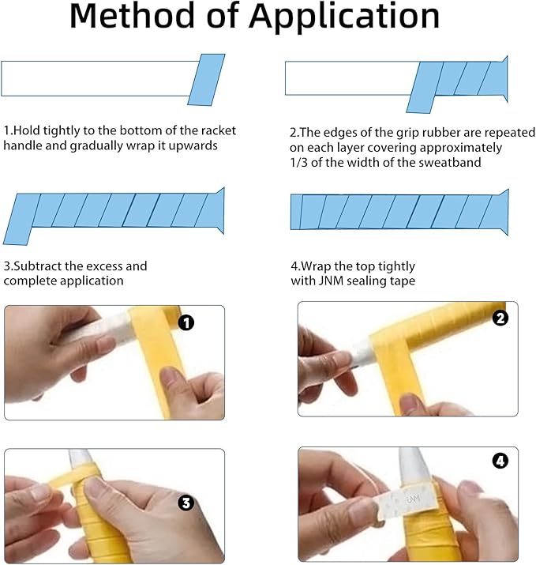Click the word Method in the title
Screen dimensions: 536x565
[x=132, y=16]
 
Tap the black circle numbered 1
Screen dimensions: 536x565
[x=186, y=322]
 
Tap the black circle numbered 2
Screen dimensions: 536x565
[x=500, y=318]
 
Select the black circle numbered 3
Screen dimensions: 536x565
[x=186, y=503]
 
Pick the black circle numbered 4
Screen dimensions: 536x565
[x=500, y=461]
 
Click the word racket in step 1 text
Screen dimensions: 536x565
[x=219, y=130]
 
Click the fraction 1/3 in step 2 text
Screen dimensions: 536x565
[x=298, y=163]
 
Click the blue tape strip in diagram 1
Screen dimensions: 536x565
[x=206, y=80]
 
